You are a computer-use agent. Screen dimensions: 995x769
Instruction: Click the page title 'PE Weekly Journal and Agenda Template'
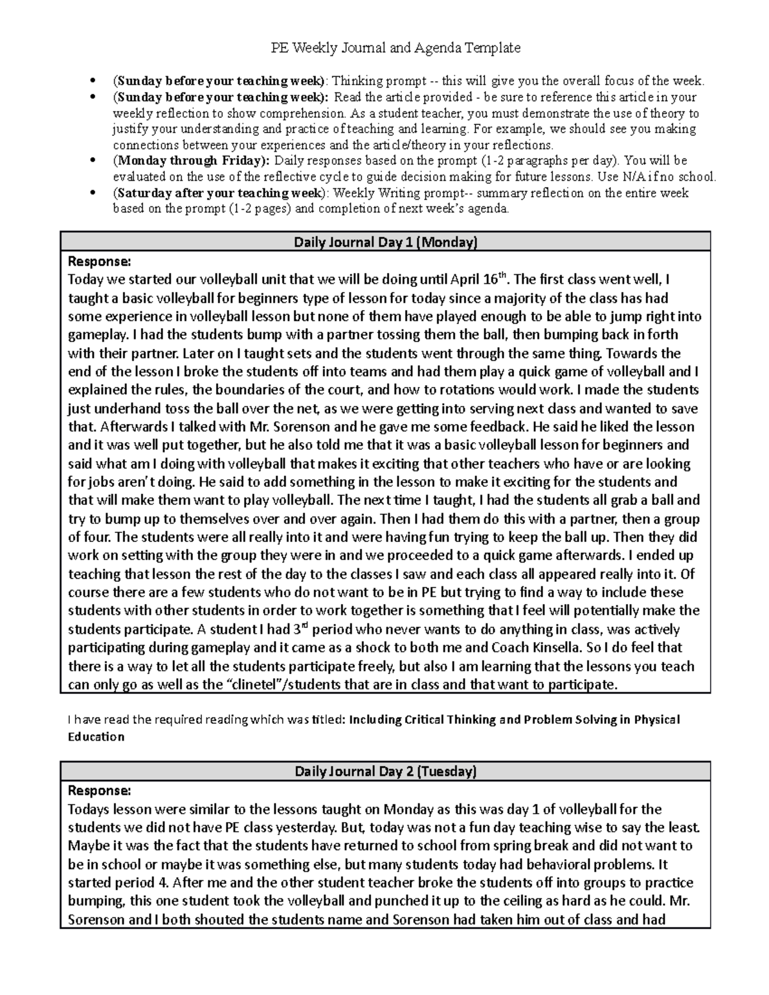pos(384,47)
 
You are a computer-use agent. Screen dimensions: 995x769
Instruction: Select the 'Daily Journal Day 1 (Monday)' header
pos(385,242)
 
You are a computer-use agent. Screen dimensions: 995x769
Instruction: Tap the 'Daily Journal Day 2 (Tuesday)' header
pos(385,771)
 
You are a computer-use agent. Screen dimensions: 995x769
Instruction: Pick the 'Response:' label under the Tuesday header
pos(99,790)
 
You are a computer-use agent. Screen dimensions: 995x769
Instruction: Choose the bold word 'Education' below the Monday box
pos(96,737)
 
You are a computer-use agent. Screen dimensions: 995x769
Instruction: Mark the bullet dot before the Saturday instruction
pos(94,193)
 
